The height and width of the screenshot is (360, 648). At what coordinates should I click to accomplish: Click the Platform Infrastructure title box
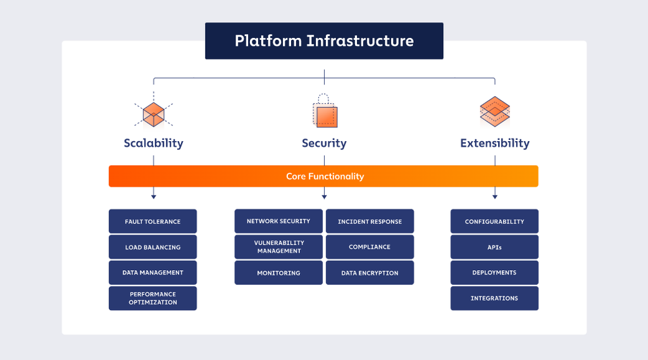click(324, 41)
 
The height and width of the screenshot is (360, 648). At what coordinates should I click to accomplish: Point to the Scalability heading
click(153, 143)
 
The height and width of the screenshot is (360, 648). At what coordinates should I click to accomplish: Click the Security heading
click(324, 143)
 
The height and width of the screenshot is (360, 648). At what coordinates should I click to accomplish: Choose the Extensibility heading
click(495, 143)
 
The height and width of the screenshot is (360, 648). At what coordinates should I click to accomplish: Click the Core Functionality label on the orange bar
click(325, 177)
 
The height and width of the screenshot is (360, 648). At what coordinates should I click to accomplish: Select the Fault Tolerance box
click(153, 221)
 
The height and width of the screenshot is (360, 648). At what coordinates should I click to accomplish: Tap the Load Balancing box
click(153, 247)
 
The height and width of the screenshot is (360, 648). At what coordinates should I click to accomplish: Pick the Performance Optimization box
click(153, 298)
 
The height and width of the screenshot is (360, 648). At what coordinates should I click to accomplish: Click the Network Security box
click(278, 221)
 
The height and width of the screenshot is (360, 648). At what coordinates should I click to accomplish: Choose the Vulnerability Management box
click(278, 247)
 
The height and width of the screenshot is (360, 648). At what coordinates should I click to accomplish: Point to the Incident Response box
click(370, 221)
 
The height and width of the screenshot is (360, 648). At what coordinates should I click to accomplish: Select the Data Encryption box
click(370, 273)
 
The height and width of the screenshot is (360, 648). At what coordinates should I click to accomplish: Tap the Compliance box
click(370, 247)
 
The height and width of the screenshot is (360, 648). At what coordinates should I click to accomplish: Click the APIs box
click(494, 247)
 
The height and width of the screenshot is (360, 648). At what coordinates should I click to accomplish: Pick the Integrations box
click(494, 298)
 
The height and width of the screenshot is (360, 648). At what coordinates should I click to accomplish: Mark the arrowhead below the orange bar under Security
click(324, 197)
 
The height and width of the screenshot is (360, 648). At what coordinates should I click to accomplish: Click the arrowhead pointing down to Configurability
click(495, 197)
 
